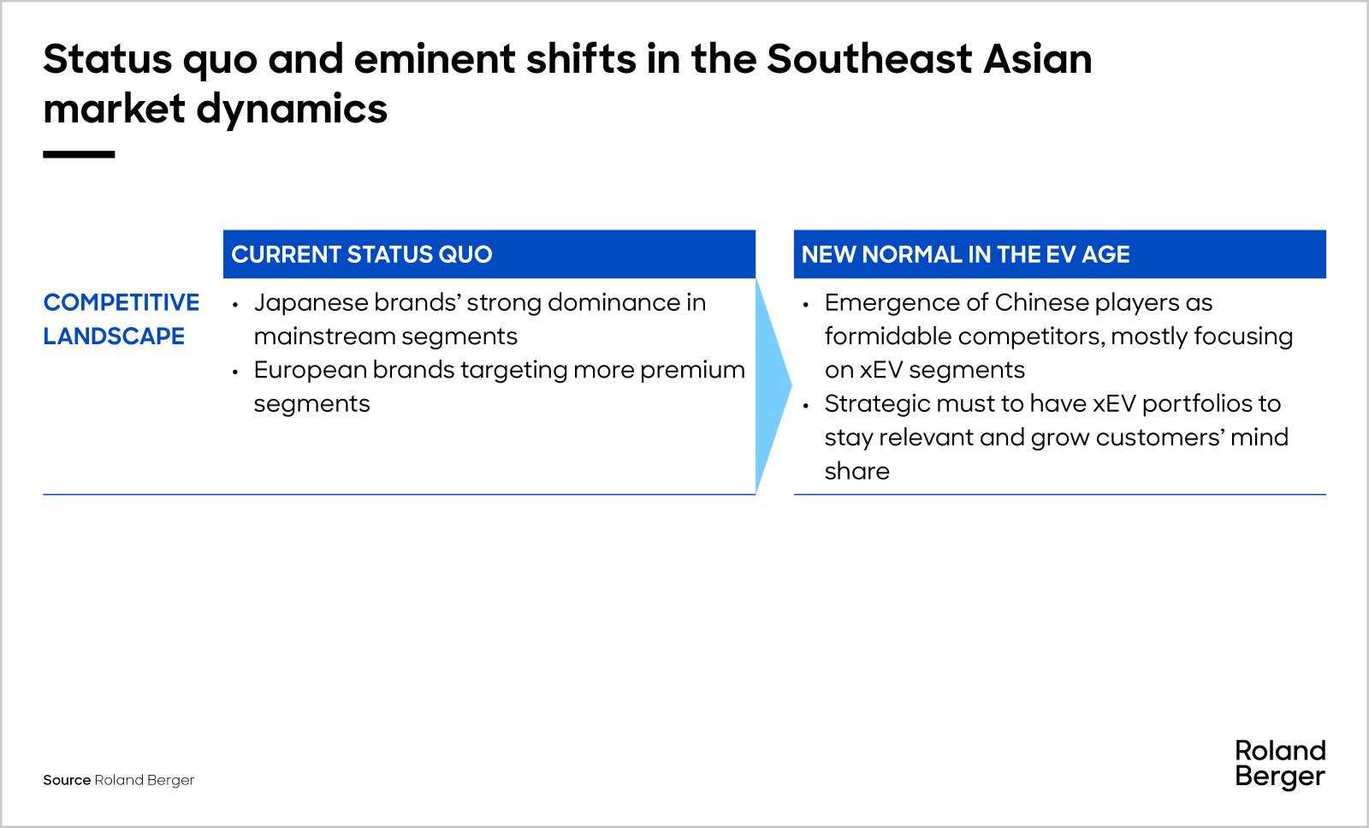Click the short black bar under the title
coord(79,155)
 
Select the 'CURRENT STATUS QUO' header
coord(362,254)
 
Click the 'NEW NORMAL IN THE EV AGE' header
coord(965,254)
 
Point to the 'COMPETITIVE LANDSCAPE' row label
coord(121,319)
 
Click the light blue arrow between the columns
coord(773,385)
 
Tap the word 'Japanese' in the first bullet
coord(311,303)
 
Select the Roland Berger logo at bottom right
coord(1280,764)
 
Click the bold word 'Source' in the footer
coord(67,780)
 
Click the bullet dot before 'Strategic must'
coord(806,404)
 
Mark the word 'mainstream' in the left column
coord(324,337)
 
